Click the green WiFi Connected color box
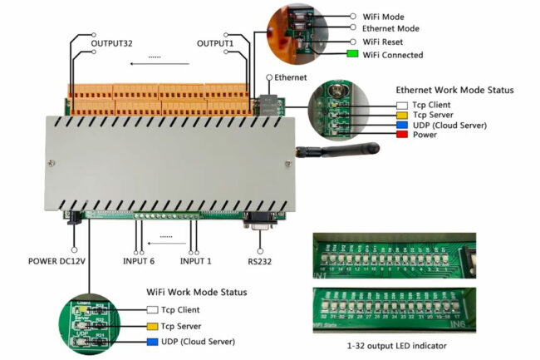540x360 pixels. [352, 55]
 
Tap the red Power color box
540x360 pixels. [401, 135]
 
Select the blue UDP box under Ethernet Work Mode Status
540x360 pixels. [401, 125]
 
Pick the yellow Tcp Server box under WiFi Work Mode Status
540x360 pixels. [152, 326]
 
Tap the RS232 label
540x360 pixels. [260, 262]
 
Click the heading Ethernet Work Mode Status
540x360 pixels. [454, 90]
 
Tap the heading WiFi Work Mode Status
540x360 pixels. [197, 293]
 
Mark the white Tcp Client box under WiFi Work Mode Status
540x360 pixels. [152, 310]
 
